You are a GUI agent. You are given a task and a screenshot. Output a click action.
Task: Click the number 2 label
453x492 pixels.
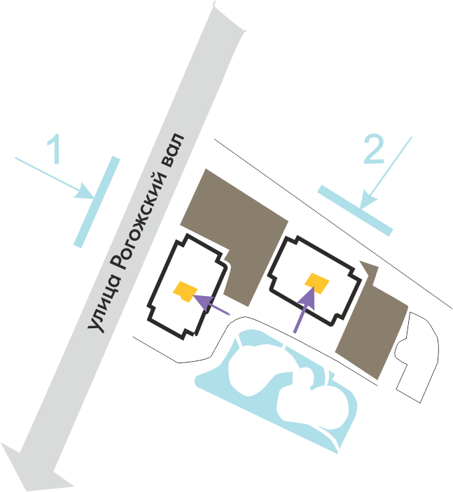[373, 149]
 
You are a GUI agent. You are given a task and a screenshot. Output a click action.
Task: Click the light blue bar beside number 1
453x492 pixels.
[97, 201]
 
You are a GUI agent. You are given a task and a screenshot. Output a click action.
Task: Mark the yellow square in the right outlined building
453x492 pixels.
[317, 282]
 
